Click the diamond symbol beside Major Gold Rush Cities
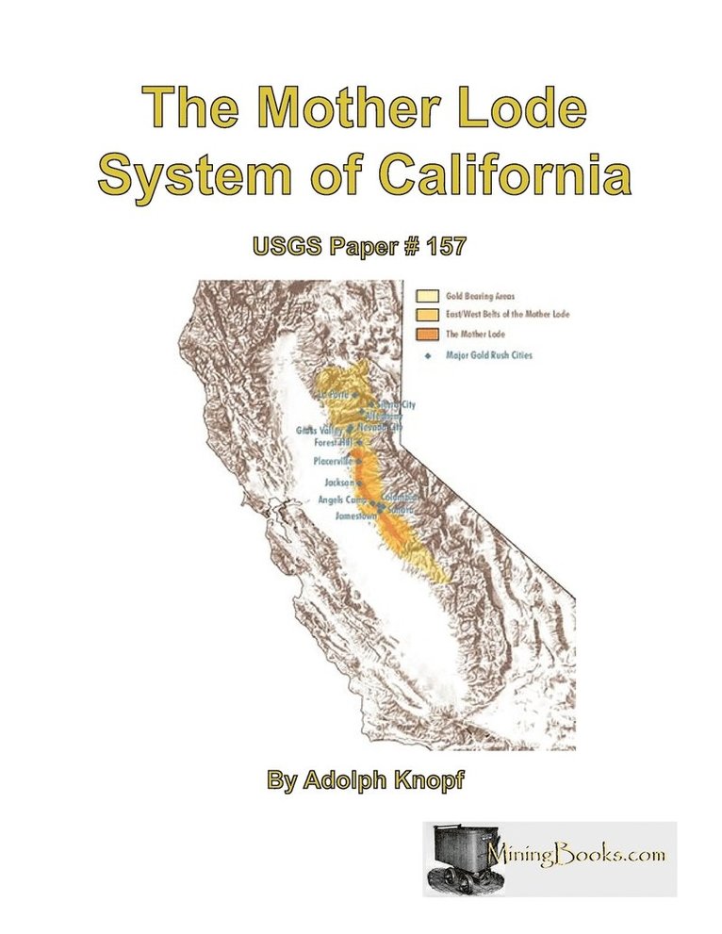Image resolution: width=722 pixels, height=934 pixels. tap(427, 355)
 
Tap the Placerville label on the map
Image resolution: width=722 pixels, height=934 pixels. tap(331, 462)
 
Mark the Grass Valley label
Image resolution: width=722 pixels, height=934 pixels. tap(320, 430)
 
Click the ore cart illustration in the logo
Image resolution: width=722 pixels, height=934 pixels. tap(455, 860)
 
